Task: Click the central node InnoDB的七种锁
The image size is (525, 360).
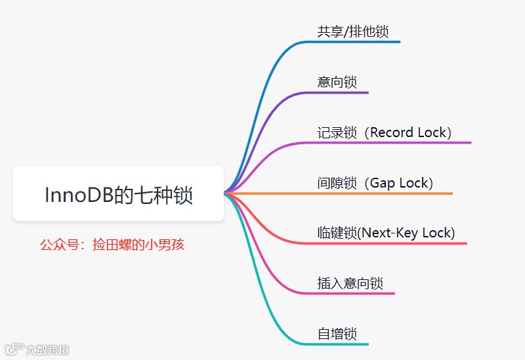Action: point(119,194)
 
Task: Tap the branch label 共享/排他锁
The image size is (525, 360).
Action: point(356,31)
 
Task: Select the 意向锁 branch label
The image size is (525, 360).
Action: point(337,82)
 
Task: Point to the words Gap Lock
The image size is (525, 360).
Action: point(399,183)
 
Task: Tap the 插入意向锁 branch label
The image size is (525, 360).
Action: point(350,283)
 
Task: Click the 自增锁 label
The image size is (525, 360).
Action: point(337,333)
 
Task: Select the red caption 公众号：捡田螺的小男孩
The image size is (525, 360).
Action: point(112,245)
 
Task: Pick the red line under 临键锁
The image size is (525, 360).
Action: point(394,243)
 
